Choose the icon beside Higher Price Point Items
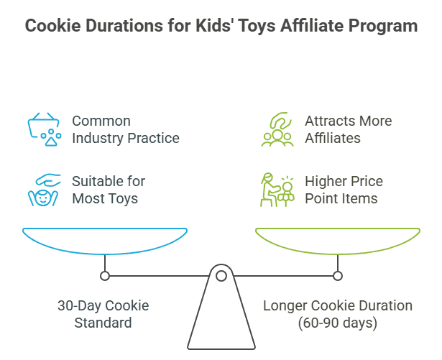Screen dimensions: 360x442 (277, 190)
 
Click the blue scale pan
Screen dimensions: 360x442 (105, 240)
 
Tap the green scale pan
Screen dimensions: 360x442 (338, 240)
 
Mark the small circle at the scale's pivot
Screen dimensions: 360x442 (221, 276)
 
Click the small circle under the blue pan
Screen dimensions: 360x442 (105, 276)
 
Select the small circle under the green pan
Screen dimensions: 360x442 (338, 276)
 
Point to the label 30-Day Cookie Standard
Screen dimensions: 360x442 (103, 314)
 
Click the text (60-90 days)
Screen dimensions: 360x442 (338, 323)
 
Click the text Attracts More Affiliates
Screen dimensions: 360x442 (348, 129)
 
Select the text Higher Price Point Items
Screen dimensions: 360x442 (344, 190)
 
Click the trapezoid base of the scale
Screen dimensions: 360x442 (221, 316)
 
